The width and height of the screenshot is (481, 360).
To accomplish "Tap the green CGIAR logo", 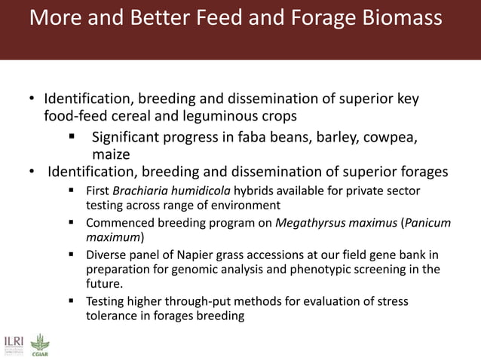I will point(40,343).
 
